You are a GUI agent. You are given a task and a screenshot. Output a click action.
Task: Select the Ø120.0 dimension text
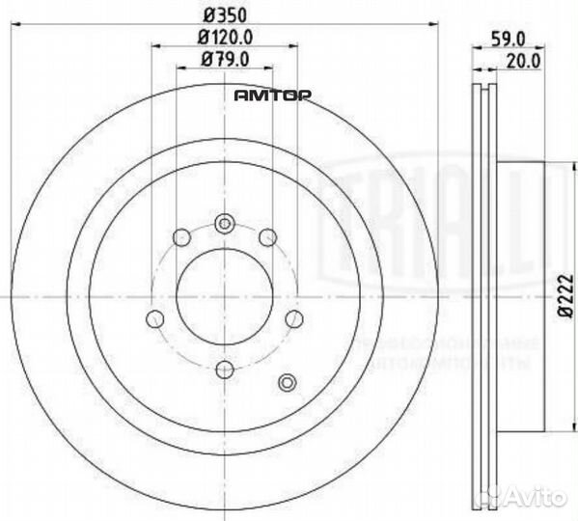(x=225, y=39)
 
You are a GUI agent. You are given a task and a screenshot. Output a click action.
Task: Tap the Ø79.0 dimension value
(x=225, y=60)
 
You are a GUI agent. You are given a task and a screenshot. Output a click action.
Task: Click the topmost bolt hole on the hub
(x=224, y=224)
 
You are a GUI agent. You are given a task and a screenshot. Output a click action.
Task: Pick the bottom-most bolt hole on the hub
(x=224, y=369)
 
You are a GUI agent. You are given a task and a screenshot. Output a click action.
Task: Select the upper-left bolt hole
(x=181, y=237)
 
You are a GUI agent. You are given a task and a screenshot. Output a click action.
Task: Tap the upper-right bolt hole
(x=267, y=237)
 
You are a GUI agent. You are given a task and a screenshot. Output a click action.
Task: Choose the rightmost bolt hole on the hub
(x=294, y=319)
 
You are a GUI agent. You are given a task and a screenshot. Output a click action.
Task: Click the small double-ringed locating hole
(x=286, y=383)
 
